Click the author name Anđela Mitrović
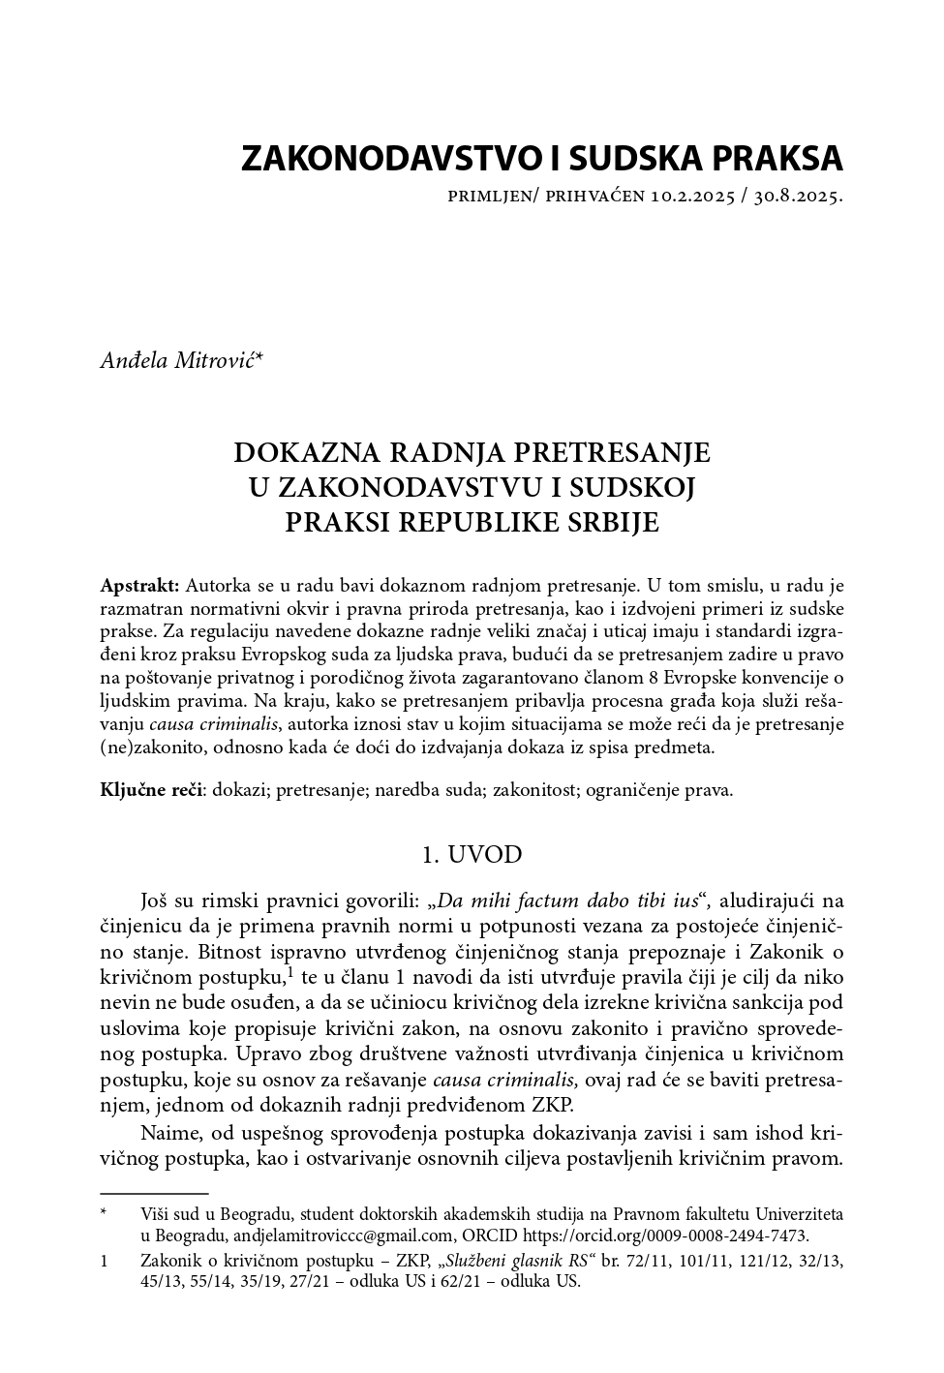(181, 361)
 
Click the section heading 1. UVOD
(472, 854)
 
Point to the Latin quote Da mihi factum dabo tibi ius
(567, 900)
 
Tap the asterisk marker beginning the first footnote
(105, 1212)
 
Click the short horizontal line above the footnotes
(154, 1195)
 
